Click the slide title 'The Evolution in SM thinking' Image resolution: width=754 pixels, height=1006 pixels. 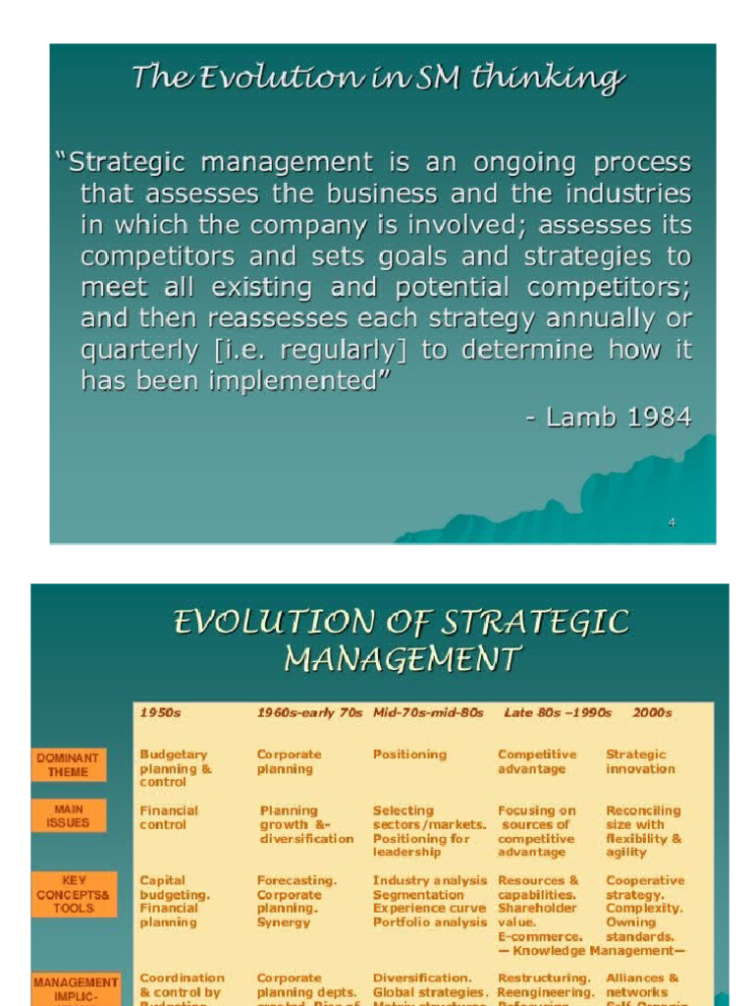coord(378,79)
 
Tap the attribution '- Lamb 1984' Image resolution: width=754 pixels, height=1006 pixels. coord(608,417)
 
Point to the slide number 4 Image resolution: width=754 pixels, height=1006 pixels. coord(672,523)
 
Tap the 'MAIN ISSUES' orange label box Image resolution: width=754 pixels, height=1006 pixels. coord(68,815)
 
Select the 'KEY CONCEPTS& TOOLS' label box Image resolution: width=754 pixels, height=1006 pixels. coord(75,894)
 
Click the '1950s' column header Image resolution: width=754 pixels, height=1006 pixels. coord(161,712)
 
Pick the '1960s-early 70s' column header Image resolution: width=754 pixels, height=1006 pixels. coord(309,712)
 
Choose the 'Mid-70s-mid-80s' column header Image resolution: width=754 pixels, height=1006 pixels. coord(428,712)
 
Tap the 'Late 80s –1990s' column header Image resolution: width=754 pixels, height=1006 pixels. coord(557,712)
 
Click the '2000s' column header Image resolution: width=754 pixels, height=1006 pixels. coord(653,712)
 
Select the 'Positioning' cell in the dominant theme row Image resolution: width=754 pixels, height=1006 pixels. coord(409,754)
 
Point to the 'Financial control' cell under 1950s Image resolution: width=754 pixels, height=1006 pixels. coord(169,817)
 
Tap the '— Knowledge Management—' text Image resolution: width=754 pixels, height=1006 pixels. coord(591,951)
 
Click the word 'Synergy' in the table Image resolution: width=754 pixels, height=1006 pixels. coord(284,922)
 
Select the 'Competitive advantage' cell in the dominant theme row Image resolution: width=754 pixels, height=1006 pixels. coord(537,761)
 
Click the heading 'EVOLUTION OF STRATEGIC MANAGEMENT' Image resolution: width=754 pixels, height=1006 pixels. coord(401,640)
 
